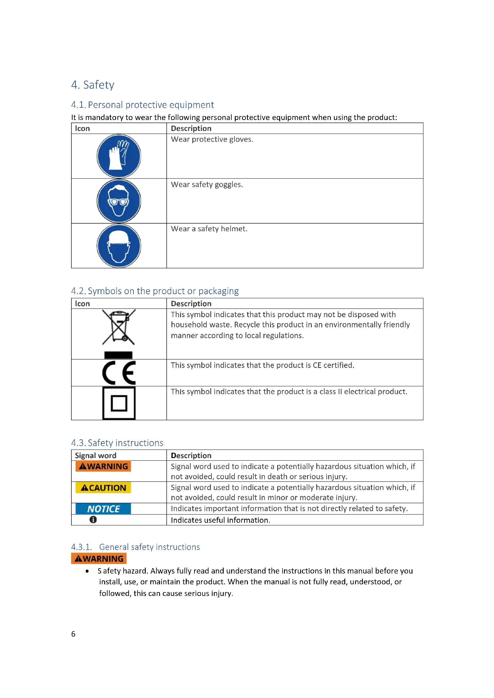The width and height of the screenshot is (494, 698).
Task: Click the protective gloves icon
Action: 119,156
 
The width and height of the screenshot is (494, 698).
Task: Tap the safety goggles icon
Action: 119,201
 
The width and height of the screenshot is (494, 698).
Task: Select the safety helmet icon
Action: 119,246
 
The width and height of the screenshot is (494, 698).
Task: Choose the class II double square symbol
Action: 119,403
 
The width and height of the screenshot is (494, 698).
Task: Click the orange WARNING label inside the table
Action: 103,466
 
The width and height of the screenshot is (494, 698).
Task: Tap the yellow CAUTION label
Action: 103,488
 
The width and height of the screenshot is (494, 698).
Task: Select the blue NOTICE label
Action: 103,509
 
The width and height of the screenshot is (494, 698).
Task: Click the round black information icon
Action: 93,520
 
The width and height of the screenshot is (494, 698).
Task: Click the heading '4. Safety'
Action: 93,85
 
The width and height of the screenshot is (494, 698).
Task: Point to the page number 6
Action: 73,634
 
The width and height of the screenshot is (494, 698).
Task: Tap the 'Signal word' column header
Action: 96,455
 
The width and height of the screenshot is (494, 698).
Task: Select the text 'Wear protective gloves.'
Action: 212,139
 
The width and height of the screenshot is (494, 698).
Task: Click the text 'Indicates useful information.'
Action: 220,520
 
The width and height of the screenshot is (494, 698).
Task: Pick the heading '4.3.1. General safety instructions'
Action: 135,547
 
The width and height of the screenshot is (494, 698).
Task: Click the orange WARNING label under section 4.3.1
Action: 99,559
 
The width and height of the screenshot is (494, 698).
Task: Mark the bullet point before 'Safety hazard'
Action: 87,571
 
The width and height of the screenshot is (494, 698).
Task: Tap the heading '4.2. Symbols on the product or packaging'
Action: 155,291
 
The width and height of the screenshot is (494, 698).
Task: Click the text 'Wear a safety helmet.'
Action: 209,229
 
